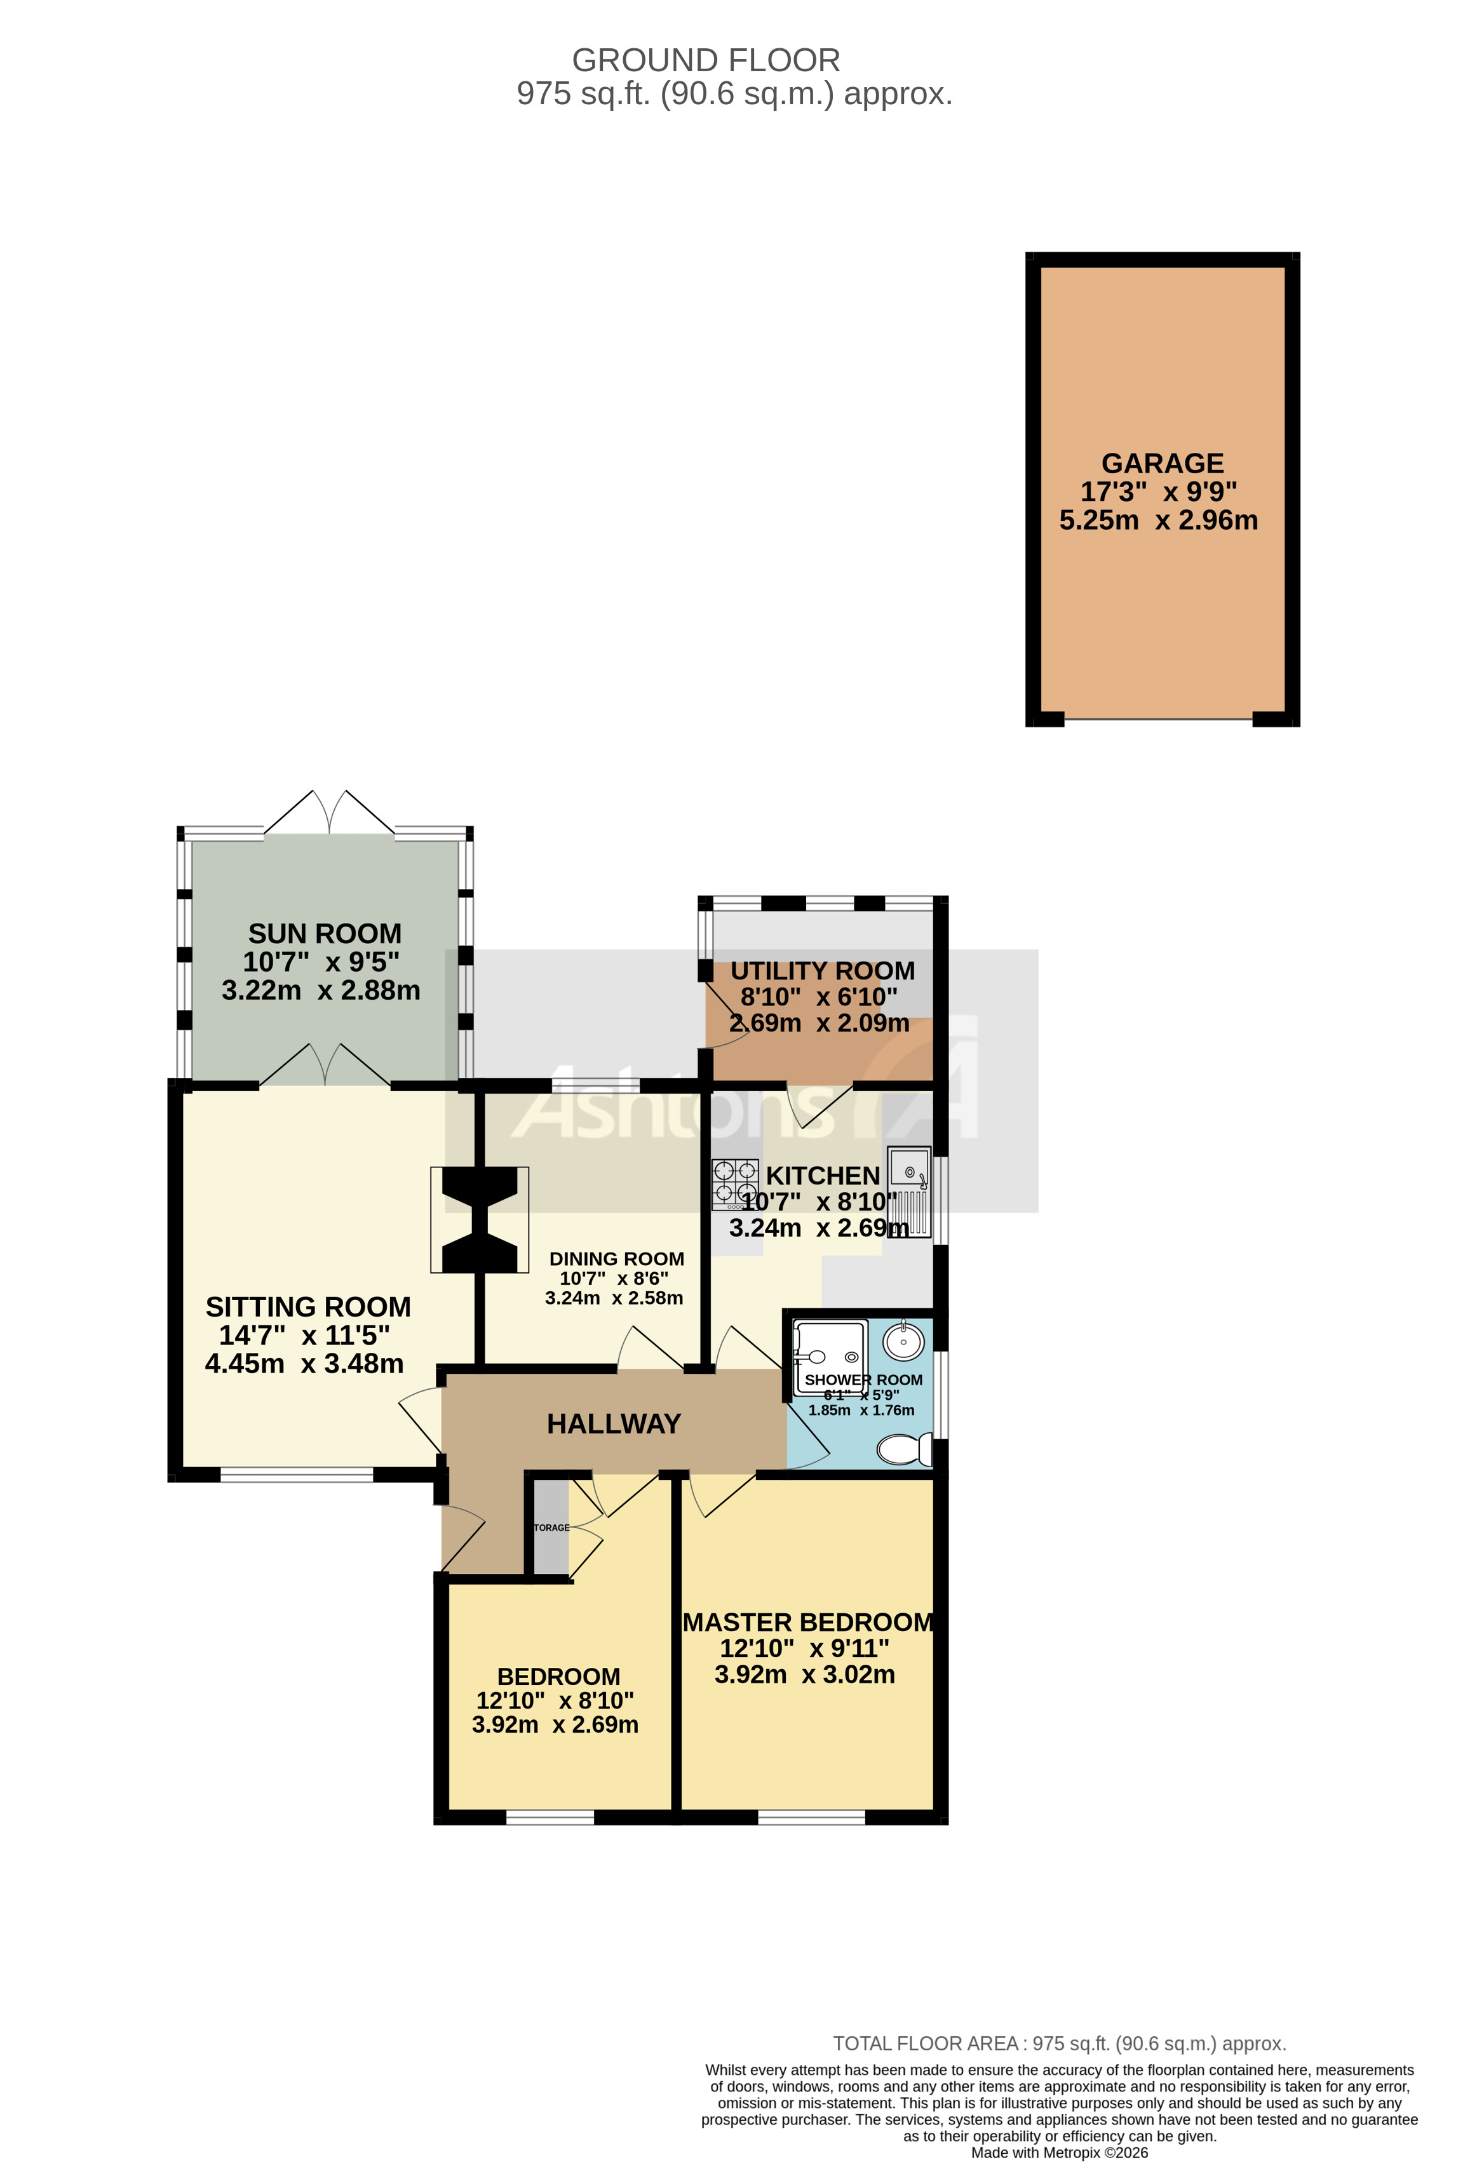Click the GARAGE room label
[1162, 463]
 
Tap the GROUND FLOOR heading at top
[705, 60]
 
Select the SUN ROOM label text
[325, 933]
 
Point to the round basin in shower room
[903, 1341]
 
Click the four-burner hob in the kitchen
[735, 1183]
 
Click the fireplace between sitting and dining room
[479, 1219]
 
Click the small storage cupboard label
[551, 1527]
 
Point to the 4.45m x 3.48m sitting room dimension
[304, 1364]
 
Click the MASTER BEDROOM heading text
[807, 1622]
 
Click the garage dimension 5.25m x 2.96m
[1158, 520]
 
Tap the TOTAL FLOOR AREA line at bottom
[1059, 2044]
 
